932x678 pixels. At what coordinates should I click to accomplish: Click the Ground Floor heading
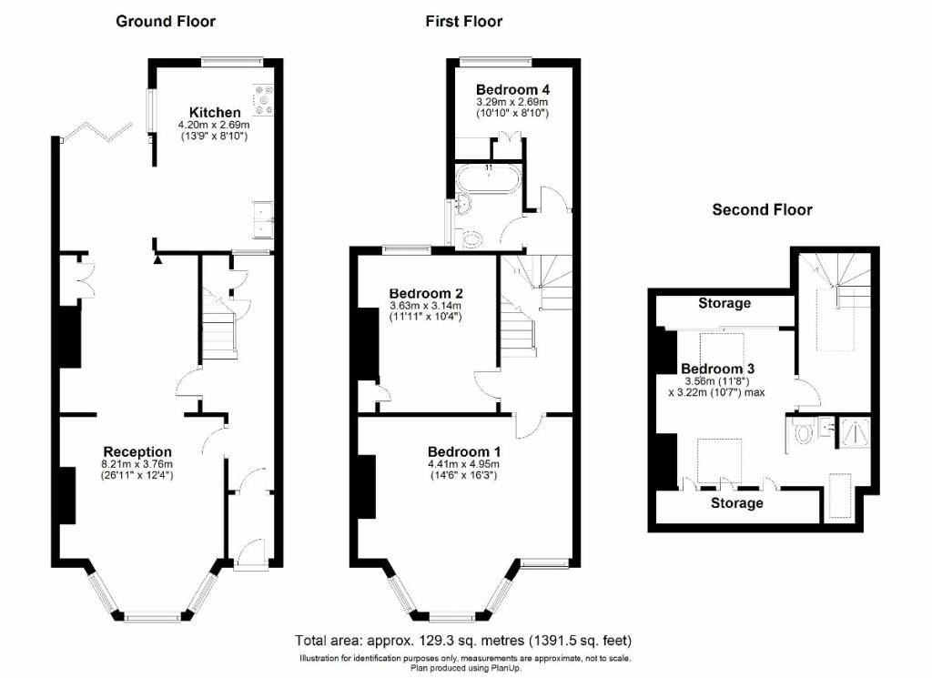[166, 21]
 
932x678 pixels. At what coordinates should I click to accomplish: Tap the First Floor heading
[463, 21]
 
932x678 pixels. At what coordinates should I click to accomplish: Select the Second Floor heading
[762, 209]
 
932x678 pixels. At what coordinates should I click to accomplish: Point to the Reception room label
[137, 451]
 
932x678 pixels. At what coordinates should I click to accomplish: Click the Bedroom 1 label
[464, 451]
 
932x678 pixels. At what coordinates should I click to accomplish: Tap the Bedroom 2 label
[426, 293]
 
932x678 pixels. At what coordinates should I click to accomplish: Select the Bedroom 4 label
[512, 89]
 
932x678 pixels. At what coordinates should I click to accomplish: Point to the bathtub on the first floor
[490, 177]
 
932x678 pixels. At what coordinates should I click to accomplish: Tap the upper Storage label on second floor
[724, 303]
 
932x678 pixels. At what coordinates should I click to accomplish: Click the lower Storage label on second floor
[736, 502]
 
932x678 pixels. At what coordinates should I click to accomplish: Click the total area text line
[463, 641]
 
